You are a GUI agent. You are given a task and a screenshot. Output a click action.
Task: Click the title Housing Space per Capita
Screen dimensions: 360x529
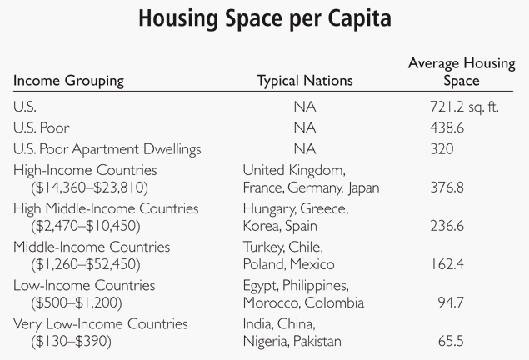point(264,18)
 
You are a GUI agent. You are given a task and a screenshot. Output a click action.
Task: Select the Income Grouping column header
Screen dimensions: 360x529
point(68,81)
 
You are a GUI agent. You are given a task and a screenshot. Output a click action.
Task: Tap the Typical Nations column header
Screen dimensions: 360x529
point(304,81)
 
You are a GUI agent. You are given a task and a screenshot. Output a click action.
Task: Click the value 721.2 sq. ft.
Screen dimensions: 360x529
point(459,107)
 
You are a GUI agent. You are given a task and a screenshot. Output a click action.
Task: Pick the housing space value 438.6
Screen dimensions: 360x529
point(455,128)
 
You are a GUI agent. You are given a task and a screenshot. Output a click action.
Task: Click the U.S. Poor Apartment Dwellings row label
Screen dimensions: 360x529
point(108,150)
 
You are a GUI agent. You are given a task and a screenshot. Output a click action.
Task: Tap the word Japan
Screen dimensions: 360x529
point(363,187)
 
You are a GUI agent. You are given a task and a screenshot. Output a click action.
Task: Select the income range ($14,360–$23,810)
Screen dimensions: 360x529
point(87,188)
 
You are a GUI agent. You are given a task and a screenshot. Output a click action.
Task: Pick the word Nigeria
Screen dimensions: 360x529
point(266,342)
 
